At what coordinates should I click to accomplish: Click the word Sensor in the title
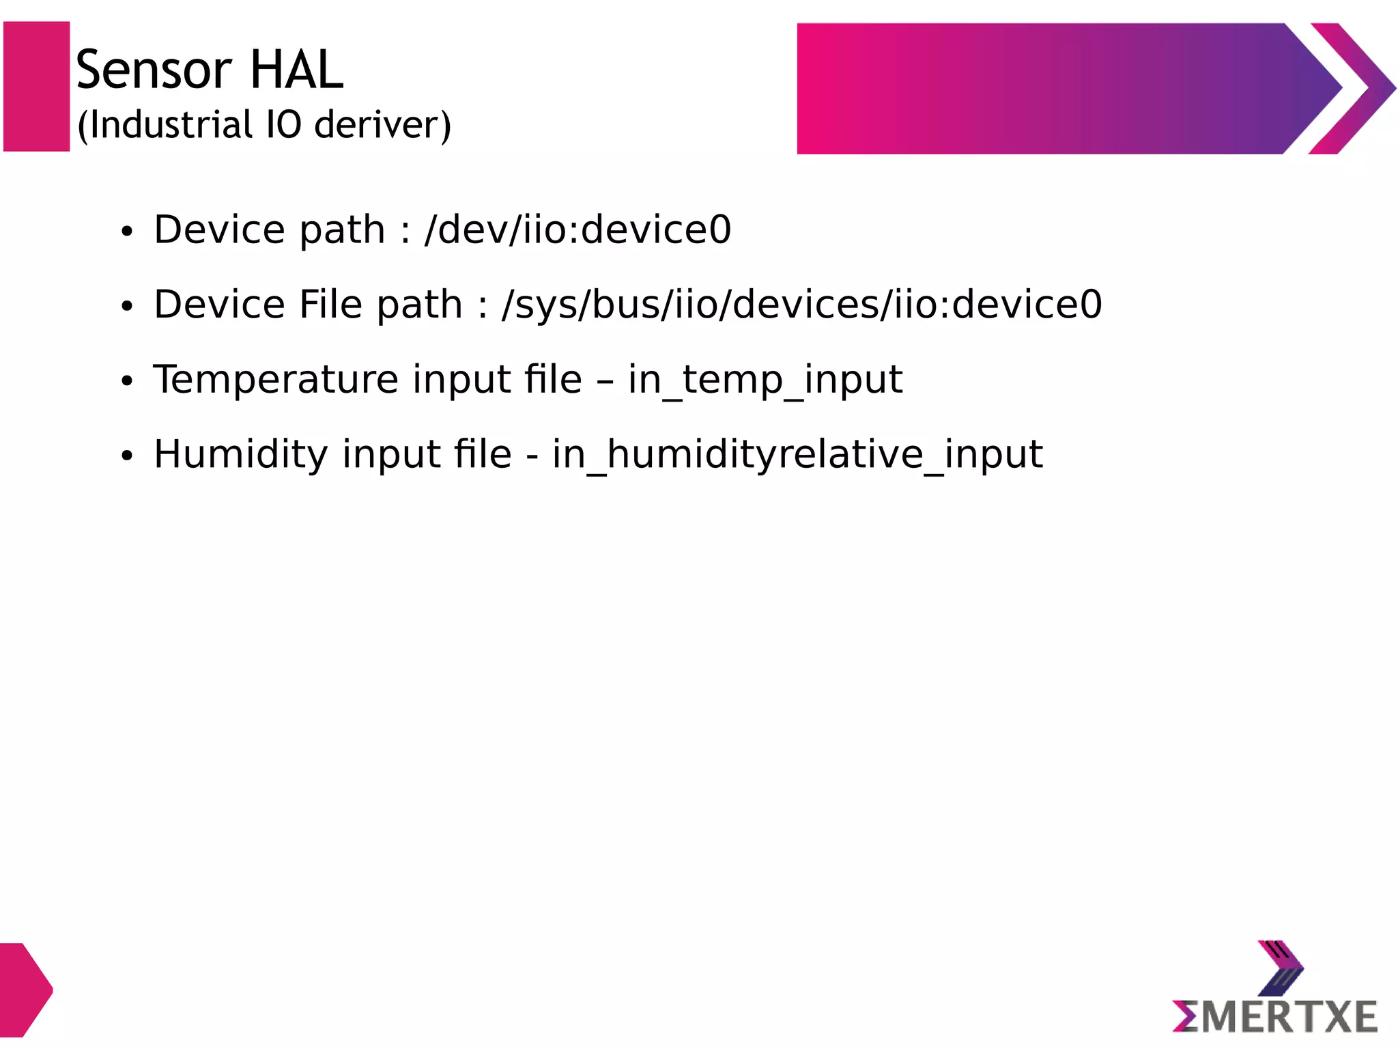point(154,70)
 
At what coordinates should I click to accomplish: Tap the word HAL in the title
point(296,70)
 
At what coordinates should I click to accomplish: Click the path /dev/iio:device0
point(577,229)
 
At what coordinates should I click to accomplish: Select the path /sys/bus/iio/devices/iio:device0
point(801,305)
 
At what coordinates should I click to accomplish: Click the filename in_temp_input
point(765,380)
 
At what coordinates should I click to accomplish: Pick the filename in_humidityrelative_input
point(797,455)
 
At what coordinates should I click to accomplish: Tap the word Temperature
point(276,380)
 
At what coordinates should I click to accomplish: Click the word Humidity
point(241,455)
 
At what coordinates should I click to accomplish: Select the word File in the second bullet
point(330,305)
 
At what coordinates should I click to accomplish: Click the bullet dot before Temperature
point(126,382)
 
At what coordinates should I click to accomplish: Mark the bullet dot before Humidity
point(126,457)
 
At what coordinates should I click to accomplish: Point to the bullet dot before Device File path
point(126,307)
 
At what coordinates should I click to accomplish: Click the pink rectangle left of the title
point(37,86)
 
